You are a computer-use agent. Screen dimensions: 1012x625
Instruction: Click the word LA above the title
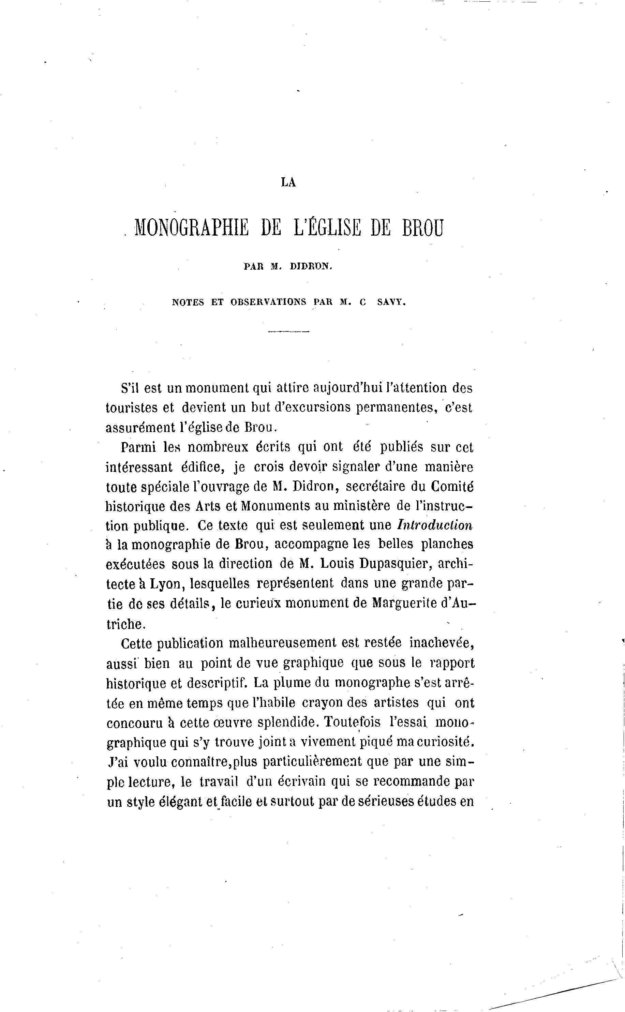pyautogui.click(x=288, y=182)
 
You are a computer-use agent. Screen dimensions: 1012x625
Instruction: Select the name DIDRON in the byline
pyautogui.click(x=311, y=267)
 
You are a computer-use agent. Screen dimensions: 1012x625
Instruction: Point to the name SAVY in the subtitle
pyautogui.click(x=391, y=302)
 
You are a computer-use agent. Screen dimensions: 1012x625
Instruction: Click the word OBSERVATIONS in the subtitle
pyautogui.click(x=268, y=302)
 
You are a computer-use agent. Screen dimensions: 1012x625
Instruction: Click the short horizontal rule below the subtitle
pyautogui.click(x=288, y=332)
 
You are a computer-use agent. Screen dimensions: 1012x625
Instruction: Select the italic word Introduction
pyautogui.click(x=435, y=525)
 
